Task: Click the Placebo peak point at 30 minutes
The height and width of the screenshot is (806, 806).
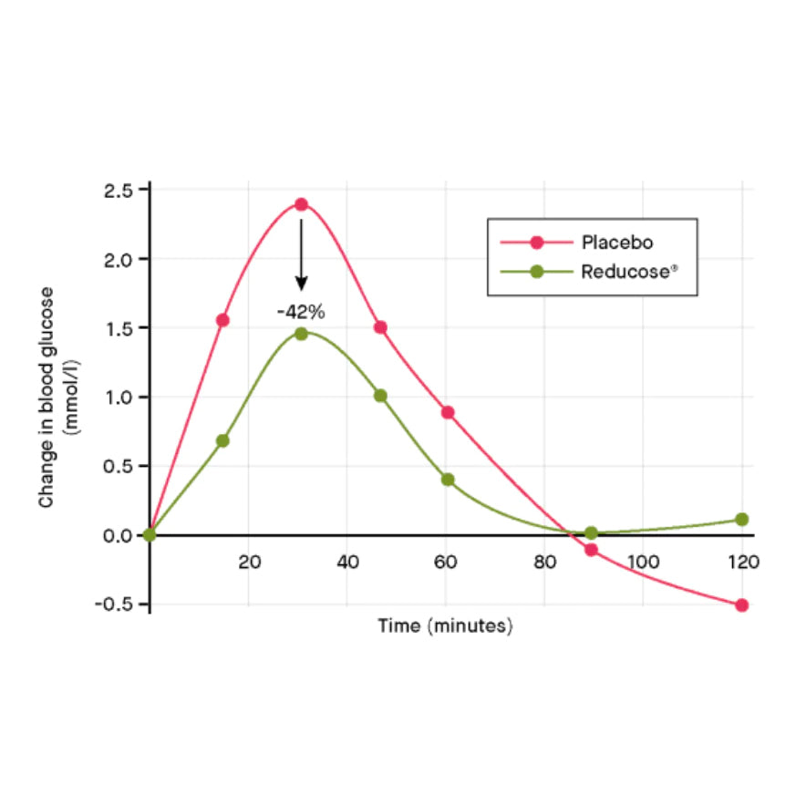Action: coord(301,204)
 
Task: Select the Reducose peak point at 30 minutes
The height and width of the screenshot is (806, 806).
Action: coord(301,334)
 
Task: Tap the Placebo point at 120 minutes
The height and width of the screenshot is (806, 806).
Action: coord(742,604)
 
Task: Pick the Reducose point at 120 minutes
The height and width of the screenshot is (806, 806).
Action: coord(742,520)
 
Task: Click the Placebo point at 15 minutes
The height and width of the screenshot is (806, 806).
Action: coord(222,320)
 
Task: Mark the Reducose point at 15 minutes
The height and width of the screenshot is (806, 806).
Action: coord(222,440)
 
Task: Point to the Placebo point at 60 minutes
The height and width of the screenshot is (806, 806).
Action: coord(448,412)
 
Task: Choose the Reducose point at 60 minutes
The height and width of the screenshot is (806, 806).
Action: coord(448,480)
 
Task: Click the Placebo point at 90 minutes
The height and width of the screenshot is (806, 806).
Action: coord(591,550)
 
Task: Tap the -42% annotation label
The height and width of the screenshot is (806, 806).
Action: coord(301,312)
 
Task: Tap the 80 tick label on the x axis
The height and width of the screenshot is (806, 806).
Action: coord(544,562)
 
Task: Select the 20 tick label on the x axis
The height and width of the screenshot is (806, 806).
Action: coord(250,562)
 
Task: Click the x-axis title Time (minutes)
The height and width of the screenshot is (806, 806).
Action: coord(446,626)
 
